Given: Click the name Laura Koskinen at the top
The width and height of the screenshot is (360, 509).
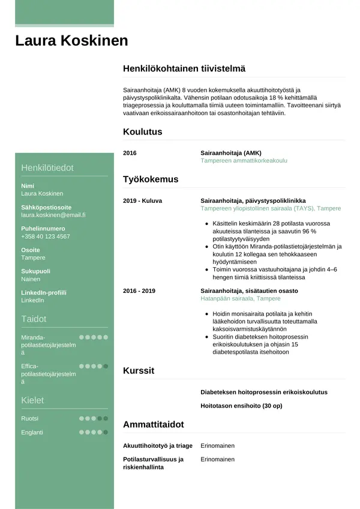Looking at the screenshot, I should point(71,41).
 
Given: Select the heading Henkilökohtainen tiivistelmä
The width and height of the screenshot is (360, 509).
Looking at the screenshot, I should point(184,69).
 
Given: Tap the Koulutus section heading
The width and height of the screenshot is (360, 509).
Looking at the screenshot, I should point(142,132).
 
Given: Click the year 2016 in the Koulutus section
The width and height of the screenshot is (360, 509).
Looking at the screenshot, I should point(130,153).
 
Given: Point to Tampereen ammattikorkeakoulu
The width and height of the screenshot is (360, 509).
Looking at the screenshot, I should point(244,161).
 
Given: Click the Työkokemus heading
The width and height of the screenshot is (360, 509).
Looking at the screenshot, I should point(151,179).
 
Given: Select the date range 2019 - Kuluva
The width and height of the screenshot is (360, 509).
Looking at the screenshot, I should point(142,200).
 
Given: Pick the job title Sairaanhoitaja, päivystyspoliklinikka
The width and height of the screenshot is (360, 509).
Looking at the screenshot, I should point(253,200).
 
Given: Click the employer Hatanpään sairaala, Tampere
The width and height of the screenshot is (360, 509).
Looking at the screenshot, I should point(241,298).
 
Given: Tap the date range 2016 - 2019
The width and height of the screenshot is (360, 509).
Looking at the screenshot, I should point(139,291).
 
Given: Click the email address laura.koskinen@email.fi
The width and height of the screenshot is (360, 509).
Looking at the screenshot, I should point(53,215).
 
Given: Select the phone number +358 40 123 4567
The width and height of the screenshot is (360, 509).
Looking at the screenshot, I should point(46,236).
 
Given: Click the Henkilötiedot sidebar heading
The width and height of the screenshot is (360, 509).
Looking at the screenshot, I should point(47,168).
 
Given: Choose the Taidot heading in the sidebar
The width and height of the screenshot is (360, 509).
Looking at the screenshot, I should point(34,319).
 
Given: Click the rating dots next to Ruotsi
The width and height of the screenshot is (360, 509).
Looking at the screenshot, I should point(94,418).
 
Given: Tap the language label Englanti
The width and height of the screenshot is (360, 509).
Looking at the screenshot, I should point(32,432).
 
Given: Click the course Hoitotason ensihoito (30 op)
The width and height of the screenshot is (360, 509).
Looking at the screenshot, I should point(241,406).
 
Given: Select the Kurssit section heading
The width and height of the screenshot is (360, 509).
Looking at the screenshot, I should point(139,371).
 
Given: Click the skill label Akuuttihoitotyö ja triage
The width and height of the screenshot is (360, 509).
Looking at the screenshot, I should point(158,446).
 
